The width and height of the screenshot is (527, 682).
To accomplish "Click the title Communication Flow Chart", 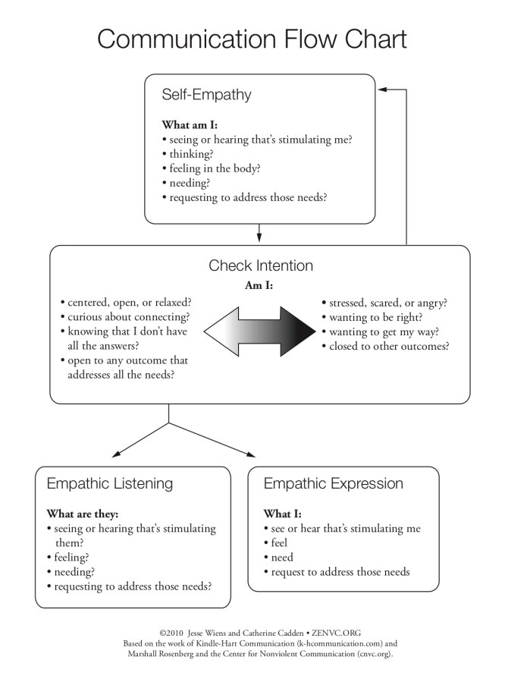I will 252,39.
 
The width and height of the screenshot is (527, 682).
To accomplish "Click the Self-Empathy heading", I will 206,95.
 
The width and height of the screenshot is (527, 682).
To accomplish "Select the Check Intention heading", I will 260,266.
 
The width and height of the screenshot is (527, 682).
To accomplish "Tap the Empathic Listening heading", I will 110,483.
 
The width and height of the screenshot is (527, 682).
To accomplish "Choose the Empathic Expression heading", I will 333,483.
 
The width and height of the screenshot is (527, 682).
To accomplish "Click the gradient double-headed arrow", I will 259,332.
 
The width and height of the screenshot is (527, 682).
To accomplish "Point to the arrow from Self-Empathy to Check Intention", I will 259,232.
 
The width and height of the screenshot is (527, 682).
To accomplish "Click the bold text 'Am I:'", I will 259,285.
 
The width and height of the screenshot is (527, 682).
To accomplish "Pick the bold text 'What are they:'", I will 82,514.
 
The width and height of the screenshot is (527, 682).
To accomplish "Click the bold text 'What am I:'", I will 190,125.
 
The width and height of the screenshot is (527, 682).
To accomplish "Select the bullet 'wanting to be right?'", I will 375,317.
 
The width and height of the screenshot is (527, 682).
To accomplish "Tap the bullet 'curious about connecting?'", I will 128,317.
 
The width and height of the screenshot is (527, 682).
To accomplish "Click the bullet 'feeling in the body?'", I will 215,168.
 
